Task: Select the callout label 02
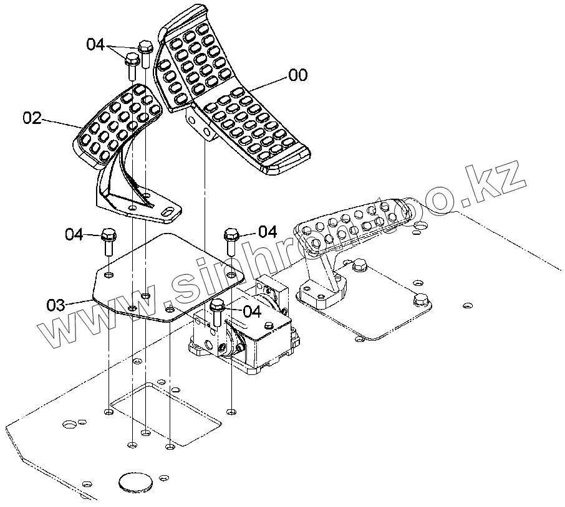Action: click(32, 118)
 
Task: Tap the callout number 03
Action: click(56, 305)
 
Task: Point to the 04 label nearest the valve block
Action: click(252, 311)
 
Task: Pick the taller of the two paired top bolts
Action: click(145, 54)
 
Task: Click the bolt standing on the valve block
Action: click(217, 313)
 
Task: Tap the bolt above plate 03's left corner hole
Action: click(108, 243)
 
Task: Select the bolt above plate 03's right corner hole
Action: click(231, 241)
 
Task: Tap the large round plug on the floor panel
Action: click(135, 482)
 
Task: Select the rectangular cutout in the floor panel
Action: click(166, 414)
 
